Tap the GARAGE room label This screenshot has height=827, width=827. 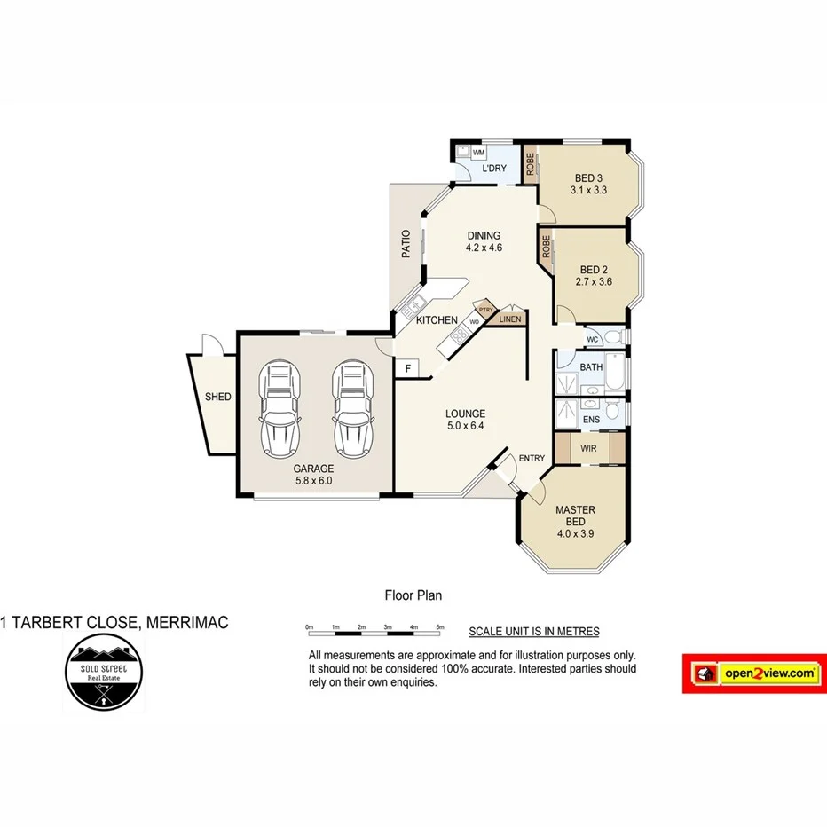click(x=313, y=469)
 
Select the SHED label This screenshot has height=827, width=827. click(x=217, y=397)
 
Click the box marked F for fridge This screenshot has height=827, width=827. click(x=407, y=368)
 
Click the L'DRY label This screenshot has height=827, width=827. click(x=493, y=169)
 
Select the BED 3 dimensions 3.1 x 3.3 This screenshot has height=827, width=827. click(x=587, y=190)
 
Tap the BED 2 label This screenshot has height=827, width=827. click(x=594, y=270)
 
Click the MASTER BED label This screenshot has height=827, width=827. click(x=575, y=516)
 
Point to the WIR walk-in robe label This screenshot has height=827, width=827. click(x=588, y=448)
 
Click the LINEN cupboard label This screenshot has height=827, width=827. click(x=510, y=319)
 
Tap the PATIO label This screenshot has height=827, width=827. click(x=406, y=243)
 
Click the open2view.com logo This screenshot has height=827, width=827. click(x=752, y=674)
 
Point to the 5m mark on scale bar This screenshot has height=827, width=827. click(x=441, y=627)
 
